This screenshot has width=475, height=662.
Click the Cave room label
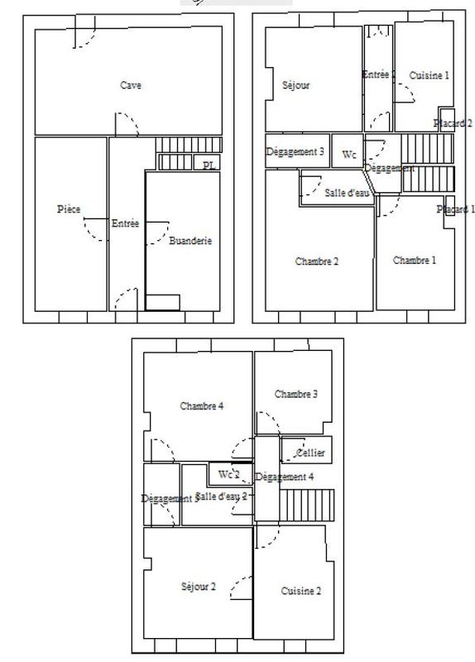click(x=131, y=85)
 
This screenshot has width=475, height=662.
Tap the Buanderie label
click(x=190, y=242)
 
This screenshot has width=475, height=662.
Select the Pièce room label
click(x=69, y=209)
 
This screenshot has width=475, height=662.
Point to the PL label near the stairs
click(x=209, y=165)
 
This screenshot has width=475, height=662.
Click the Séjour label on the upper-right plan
click(x=296, y=85)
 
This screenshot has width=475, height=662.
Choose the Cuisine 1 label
click(x=429, y=75)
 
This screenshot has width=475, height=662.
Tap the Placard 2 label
click(x=453, y=123)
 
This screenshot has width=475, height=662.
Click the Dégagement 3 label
click(x=295, y=152)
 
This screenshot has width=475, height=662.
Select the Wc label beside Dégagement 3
click(x=349, y=155)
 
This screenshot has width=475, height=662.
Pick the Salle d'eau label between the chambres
click(x=347, y=193)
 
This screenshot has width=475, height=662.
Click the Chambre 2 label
click(x=317, y=261)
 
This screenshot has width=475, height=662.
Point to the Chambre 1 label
click(x=414, y=261)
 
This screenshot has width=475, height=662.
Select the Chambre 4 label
click(x=202, y=406)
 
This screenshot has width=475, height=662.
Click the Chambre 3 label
click(x=296, y=394)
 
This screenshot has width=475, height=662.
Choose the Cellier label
click(x=309, y=453)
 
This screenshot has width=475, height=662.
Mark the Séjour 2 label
click(x=198, y=587)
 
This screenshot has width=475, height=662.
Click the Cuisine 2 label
click(x=301, y=591)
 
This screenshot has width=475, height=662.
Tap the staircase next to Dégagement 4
click(x=309, y=505)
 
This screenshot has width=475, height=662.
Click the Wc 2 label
click(x=228, y=475)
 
